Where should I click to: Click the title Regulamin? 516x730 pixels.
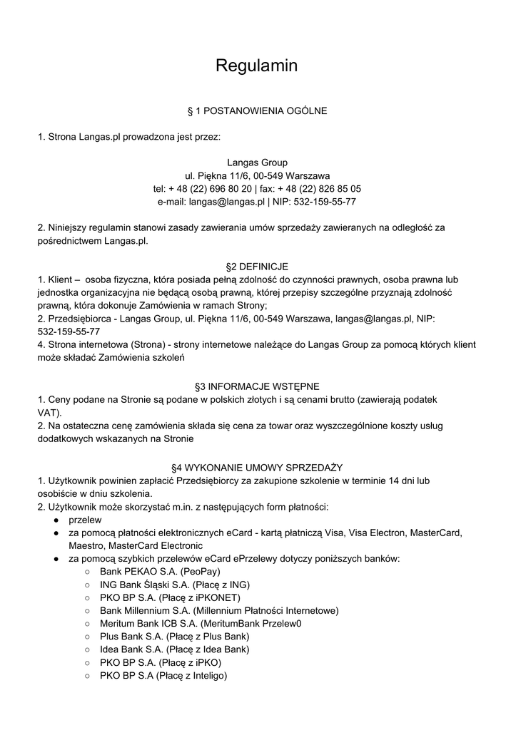pyautogui.click(x=257, y=66)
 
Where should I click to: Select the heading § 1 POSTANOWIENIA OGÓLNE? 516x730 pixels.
pyautogui.click(x=257, y=111)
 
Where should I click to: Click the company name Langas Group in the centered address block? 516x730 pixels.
pyautogui.click(x=257, y=163)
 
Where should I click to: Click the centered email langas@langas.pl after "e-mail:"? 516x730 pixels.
pyautogui.click(x=227, y=202)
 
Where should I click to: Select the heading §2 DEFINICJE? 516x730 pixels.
pyautogui.click(x=258, y=267)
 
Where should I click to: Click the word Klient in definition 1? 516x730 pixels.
pyautogui.click(x=62, y=279)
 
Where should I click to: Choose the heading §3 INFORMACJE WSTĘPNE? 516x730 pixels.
pyautogui.click(x=258, y=386)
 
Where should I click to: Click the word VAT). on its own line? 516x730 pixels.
pyautogui.click(x=50, y=413)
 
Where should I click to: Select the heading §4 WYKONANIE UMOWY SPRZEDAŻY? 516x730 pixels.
pyautogui.click(x=258, y=468)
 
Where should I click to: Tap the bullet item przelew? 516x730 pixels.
pyautogui.click(x=85, y=520)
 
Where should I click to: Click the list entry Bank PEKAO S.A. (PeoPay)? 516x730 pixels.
pyautogui.click(x=160, y=572)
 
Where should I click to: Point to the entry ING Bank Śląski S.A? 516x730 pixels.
pyautogui.click(x=174, y=585)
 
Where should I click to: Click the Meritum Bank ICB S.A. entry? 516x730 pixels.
pyautogui.click(x=201, y=623)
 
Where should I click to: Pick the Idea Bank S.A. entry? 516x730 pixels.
pyautogui.click(x=174, y=649)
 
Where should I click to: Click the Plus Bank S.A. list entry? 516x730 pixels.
pyautogui.click(x=174, y=637)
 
